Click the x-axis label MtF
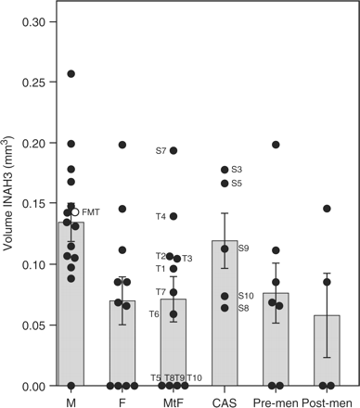point(173,402)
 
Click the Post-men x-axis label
point(326,402)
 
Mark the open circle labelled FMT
point(75,212)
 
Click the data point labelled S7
point(174,151)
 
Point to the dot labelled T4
point(174,216)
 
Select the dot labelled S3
point(224,170)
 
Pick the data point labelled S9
point(224,249)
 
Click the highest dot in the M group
point(71,73)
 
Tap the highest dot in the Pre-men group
point(276,145)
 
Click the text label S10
point(245,296)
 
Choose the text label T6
point(155,314)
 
